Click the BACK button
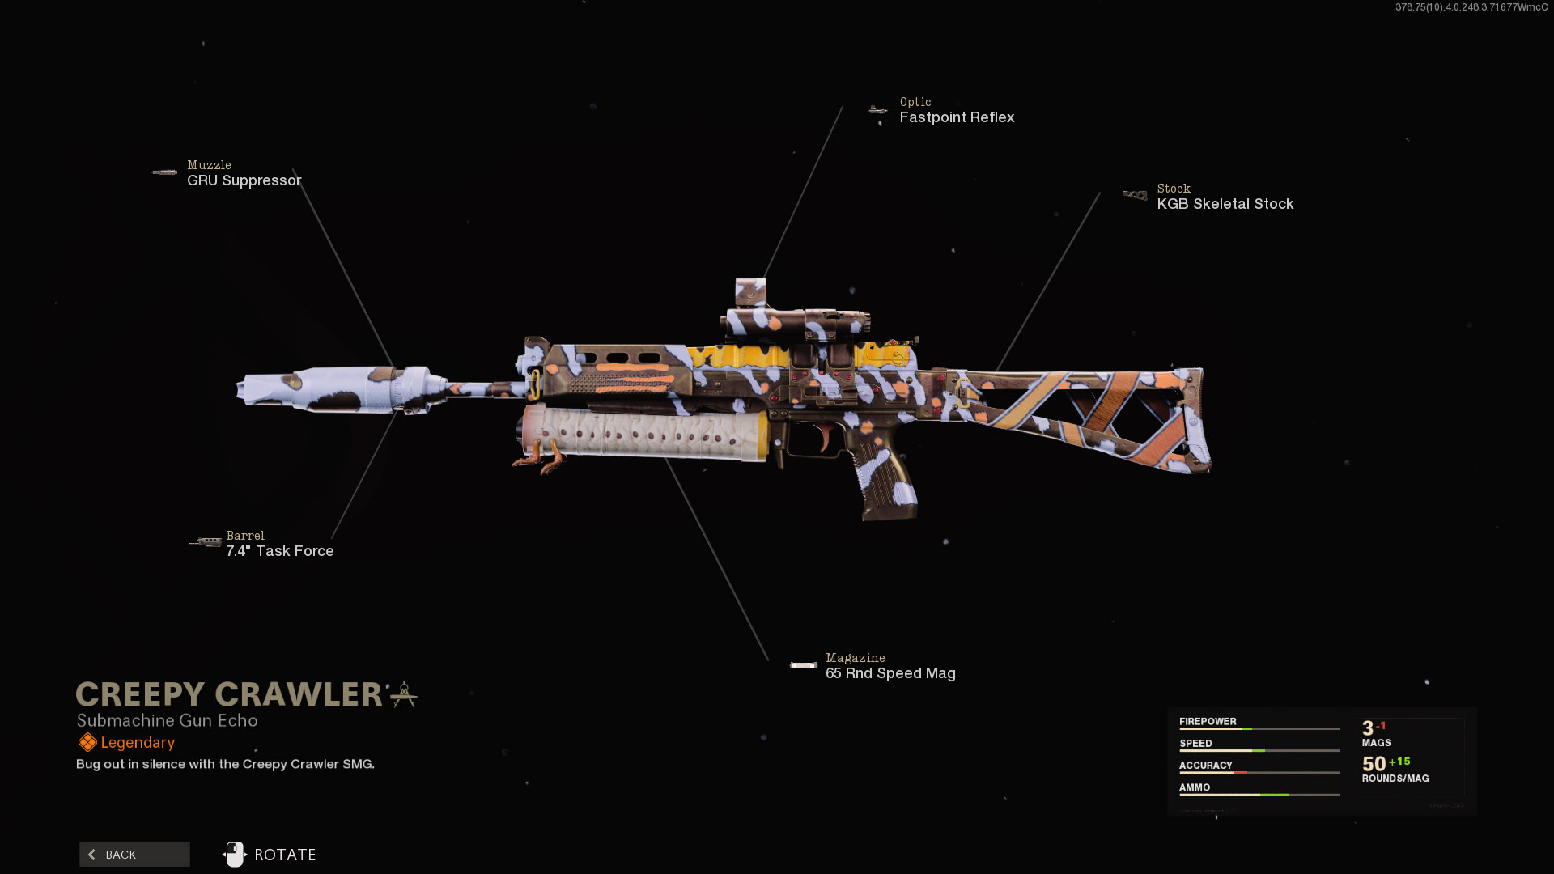(x=134, y=855)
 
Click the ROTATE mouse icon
(x=235, y=855)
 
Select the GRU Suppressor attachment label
(x=244, y=180)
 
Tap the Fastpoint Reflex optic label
(x=957, y=117)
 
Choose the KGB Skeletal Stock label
(x=1225, y=204)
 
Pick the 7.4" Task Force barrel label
(x=279, y=551)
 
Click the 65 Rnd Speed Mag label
(x=890, y=673)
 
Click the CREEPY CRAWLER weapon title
(x=229, y=694)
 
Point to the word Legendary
(x=138, y=743)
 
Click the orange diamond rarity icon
(x=87, y=743)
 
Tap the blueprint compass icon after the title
(x=404, y=694)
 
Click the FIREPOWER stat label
(x=1208, y=722)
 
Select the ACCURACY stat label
(x=1205, y=766)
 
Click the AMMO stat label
(x=1195, y=787)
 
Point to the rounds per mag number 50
(x=1374, y=764)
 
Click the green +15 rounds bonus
(x=1399, y=762)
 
